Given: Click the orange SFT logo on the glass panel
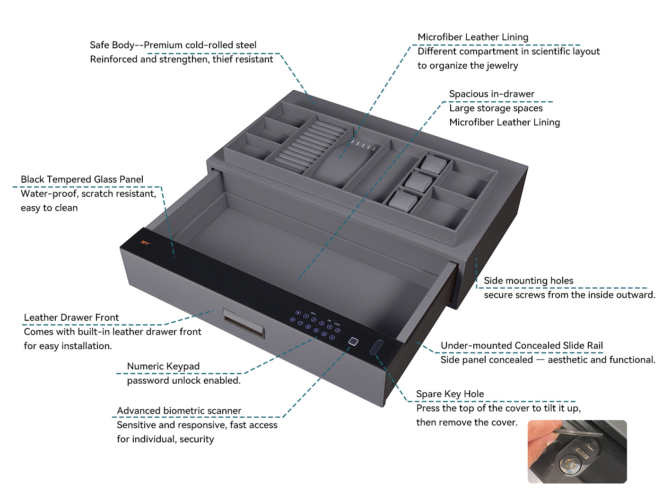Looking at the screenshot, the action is tap(145, 243).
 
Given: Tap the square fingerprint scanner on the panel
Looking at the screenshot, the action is tap(353, 342).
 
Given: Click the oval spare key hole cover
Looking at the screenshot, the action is tap(376, 347).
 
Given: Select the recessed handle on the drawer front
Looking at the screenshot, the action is tap(244, 323).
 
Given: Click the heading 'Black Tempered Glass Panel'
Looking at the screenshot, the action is tap(82, 179).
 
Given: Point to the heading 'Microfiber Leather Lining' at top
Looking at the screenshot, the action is tap(473, 37).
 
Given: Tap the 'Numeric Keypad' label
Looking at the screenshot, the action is tap(163, 366).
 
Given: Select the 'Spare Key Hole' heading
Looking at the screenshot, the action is tap(450, 394).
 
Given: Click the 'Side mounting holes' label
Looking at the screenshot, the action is tap(528, 281).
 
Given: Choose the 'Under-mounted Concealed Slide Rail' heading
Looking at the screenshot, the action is tap(522, 345).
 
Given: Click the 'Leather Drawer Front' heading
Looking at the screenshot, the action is tap(71, 317).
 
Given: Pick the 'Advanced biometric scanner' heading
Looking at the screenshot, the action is tap(179, 411).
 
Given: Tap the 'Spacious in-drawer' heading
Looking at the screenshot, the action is tap(492, 94).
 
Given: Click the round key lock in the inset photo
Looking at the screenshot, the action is tap(568, 464).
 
